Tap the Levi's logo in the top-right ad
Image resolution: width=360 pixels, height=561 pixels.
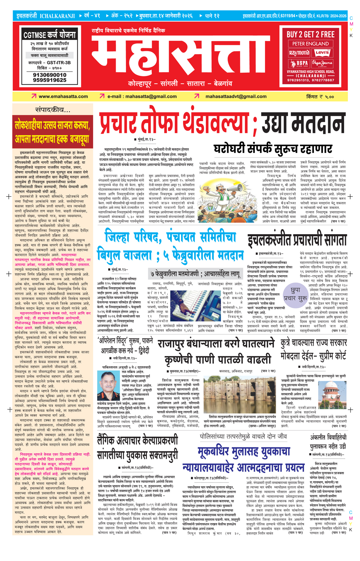[322, 53]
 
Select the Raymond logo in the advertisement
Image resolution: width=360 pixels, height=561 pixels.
[299, 53]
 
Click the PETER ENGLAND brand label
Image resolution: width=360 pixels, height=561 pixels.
[310, 44]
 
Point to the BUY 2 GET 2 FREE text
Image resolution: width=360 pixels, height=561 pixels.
[310, 34]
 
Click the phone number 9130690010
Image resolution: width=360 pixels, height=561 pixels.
[50, 75]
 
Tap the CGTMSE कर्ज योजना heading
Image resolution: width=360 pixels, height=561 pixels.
[50, 35]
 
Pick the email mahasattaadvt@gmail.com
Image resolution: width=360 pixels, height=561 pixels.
[236, 97]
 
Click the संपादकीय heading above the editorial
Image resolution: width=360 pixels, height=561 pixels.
[53, 110]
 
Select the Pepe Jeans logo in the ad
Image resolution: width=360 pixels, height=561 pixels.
[322, 64]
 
